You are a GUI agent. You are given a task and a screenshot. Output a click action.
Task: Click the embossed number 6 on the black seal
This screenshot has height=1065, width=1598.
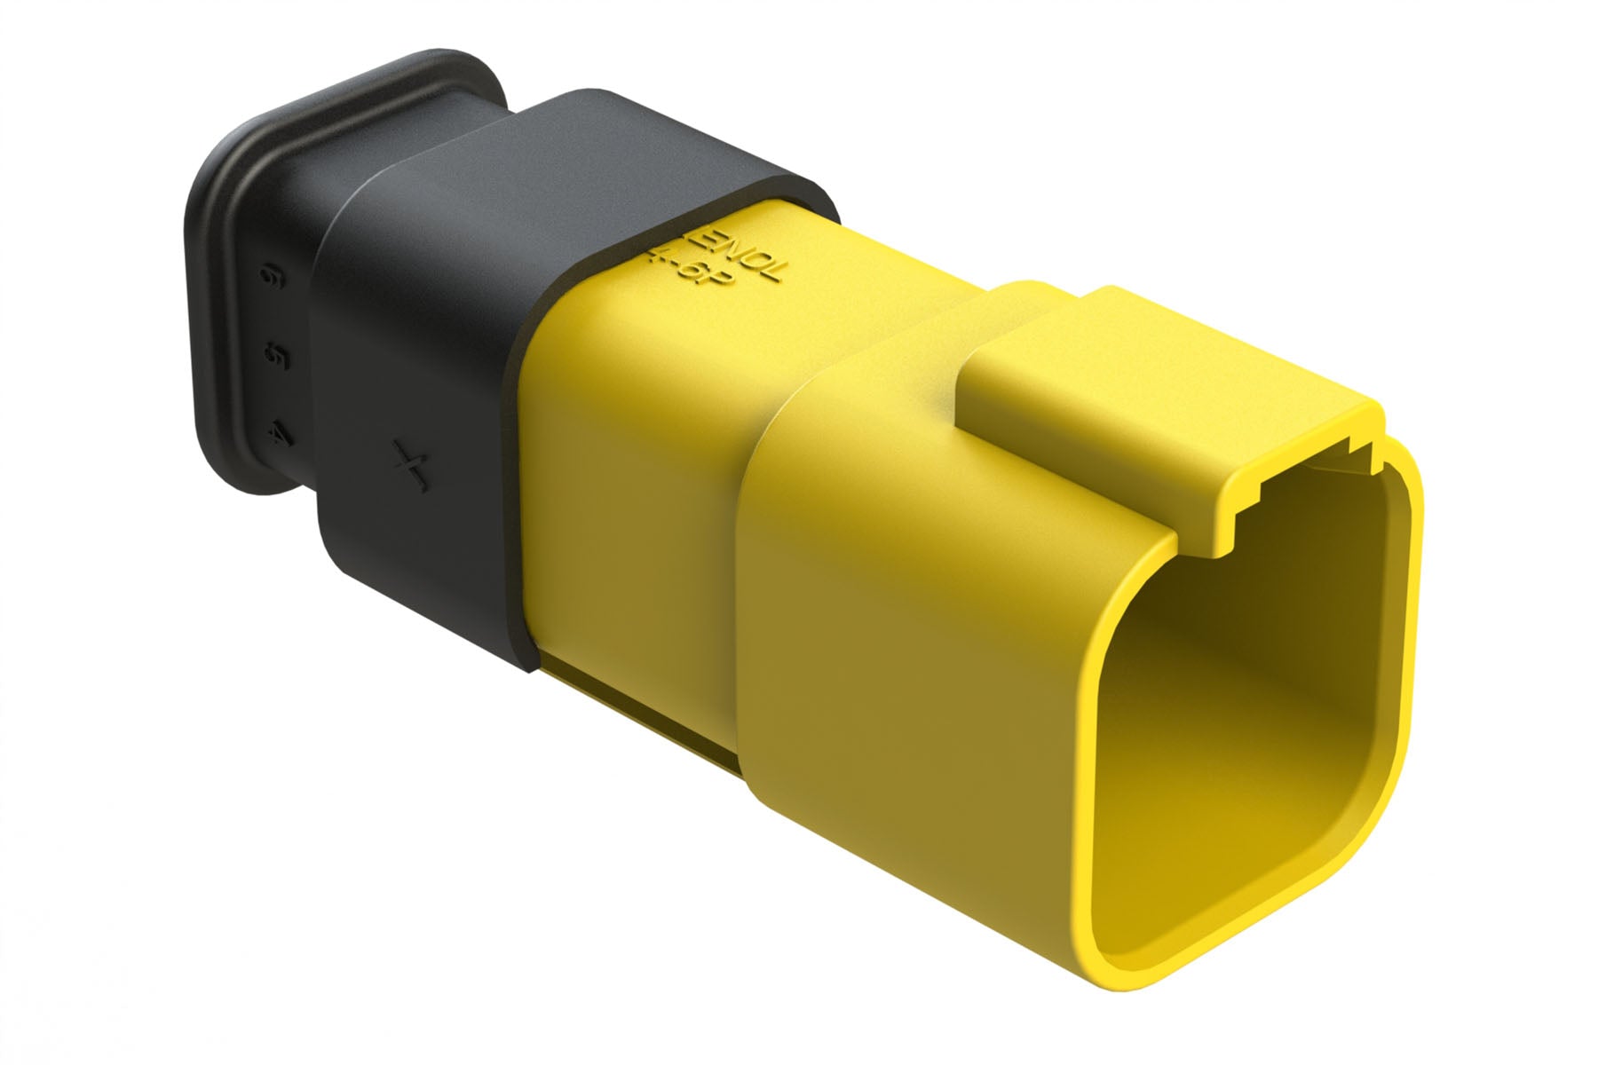click(265, 280)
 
